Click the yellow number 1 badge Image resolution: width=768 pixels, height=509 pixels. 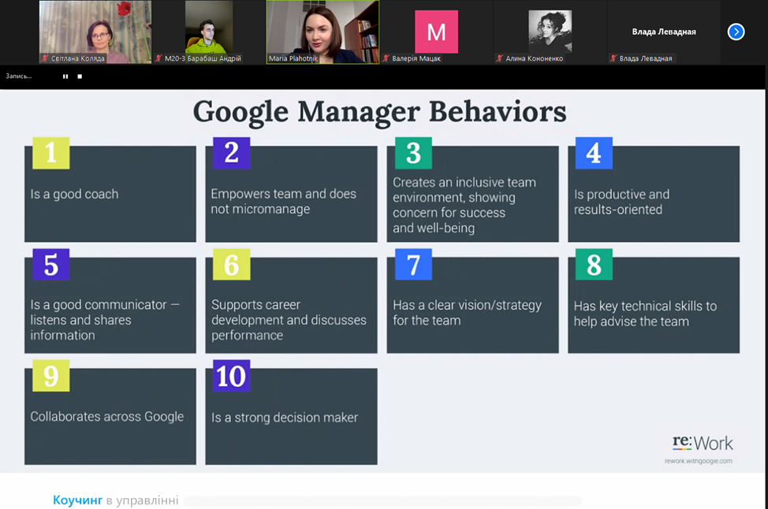click(x=51, y=153)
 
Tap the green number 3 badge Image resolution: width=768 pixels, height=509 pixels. click(x=413, y=153)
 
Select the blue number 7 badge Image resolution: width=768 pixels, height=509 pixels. click(x=413, y=264)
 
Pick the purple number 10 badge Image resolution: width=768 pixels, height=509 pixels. click(x=232, y=376)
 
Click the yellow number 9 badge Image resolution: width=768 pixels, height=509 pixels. click(x=51, y=376)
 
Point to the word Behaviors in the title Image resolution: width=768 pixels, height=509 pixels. click(x=498, y=112)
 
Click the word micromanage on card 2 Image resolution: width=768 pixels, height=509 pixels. click(x=260, y=209)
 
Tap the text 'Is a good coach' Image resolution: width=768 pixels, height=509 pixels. click(x=74, y=194)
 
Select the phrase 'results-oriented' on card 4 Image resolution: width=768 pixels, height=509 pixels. click(x=618, y=210)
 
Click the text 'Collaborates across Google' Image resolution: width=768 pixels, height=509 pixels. click(x=106, y=417)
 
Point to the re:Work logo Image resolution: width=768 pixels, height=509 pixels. click(x=703, y=443)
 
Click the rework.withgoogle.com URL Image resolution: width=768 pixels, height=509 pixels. click(x=699, y=461)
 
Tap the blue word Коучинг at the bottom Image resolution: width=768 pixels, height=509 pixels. click(x=77, y=500)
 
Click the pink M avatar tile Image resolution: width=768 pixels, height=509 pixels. click(x=436, y=32)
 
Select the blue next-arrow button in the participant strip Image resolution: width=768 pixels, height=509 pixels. click(x=736, y=32)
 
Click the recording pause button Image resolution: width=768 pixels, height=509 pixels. click(x=65, y=76)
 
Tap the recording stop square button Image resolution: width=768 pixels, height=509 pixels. click(x=80, y=76)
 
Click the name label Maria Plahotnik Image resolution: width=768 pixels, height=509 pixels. click(x=293, y=59)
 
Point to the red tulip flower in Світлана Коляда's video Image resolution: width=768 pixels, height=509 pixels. click(x=124, y=9)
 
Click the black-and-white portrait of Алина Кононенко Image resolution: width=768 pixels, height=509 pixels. click(x=550, y=32)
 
